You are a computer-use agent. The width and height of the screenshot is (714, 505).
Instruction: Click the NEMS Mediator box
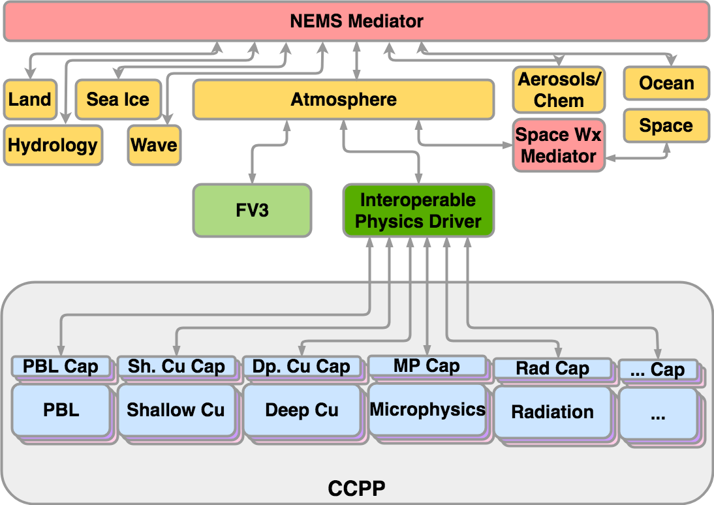click(356, 22)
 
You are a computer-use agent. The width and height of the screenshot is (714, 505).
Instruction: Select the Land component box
click(29, 100)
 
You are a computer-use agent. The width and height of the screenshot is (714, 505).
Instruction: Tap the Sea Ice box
click(117, 100)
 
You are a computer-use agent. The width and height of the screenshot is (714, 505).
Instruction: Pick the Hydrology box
click(53, 145)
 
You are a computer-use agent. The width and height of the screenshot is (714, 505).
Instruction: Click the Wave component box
click(154, 145)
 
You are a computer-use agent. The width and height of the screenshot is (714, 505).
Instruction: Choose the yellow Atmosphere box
click(343, 100)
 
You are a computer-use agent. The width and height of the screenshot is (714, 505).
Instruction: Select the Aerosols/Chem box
click(559, 90)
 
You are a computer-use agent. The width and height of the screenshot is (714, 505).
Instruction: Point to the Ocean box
click(666, 84)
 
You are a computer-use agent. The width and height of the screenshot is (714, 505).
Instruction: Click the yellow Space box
click(666, 125)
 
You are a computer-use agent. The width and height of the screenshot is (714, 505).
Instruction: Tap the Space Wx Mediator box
click(558, 145)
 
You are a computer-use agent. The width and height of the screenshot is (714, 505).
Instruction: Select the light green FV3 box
click(252, 211)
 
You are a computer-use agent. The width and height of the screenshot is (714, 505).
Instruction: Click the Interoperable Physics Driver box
click(418, 211)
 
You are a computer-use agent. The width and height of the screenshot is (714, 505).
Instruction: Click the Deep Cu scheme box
click(302, 410)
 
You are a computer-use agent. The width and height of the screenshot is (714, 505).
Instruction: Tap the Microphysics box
click(427, 410)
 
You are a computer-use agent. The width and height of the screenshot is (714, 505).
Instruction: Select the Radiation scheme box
click(552, 412)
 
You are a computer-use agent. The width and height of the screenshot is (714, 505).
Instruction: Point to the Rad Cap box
click(552, 369)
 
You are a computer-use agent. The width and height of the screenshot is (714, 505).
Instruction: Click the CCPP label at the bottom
click(356, 487)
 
